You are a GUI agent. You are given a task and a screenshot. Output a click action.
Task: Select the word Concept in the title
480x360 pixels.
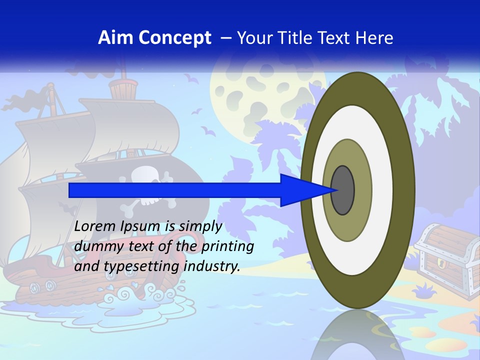(175, 38)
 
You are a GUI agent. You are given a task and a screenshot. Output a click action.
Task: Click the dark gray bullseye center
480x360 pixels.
(343, 190)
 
